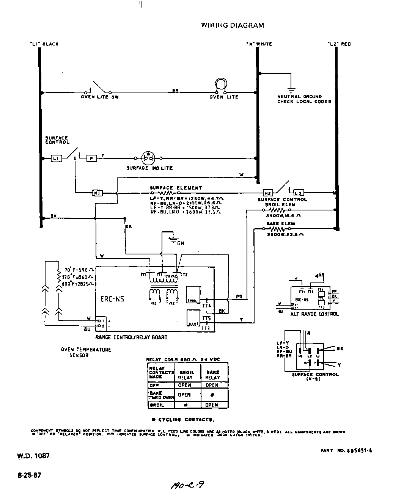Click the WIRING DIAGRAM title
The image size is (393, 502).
pos(232,25)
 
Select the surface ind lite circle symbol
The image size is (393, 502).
pos(148,157)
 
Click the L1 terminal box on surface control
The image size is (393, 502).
pos(56,158)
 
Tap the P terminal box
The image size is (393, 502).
pos(91,158)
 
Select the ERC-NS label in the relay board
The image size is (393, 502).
pos(112,299)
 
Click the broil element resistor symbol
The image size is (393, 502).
pos(278,209)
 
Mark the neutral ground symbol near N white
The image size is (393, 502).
pos(291,89)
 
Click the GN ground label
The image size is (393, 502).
pos(181,243)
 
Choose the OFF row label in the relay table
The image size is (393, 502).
pos(154,385)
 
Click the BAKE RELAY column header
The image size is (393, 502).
pos(212,375)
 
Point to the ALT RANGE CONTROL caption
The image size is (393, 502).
pos(314,314)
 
